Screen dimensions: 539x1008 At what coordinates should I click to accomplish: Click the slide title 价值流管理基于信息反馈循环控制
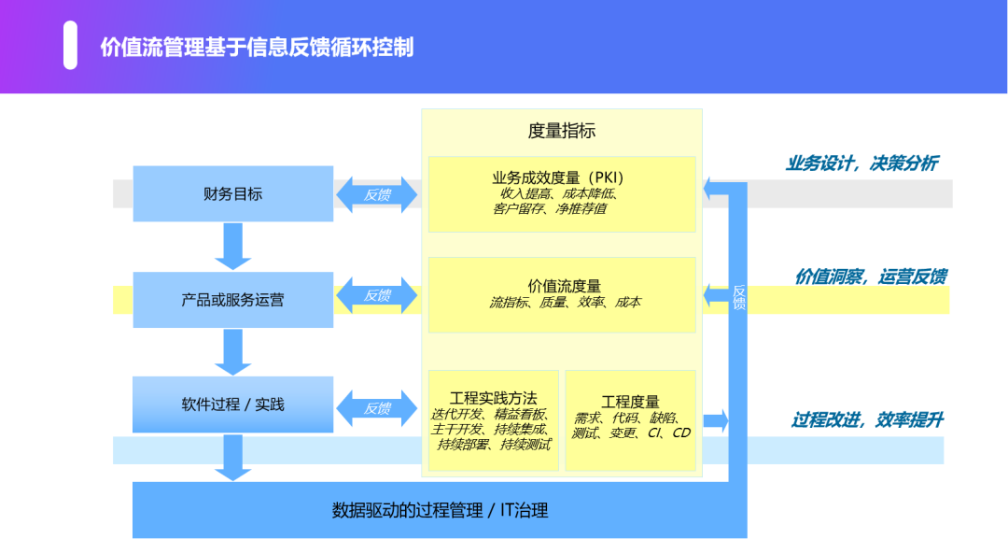[257, 47]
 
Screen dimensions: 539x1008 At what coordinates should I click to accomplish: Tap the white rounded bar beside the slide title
[70, 46]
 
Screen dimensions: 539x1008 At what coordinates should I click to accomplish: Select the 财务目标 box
[232, 194]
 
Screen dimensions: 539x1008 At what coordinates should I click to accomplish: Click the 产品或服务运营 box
[232, 300]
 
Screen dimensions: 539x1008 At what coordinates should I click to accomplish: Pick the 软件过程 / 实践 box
[232, 404]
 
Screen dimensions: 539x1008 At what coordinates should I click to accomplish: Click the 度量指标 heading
[561, 131]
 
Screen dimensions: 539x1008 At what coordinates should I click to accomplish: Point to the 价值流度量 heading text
[564, 286]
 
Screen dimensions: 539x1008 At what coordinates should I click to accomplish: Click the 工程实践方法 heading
[493, 398]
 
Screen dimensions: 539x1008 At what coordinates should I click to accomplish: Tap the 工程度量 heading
[630, 402]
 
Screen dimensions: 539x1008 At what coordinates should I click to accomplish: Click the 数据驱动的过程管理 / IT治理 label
[440, 510]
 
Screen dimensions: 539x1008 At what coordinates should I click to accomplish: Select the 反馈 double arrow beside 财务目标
[377, 195]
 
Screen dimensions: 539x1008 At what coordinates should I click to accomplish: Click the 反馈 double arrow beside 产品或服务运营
[377, 296]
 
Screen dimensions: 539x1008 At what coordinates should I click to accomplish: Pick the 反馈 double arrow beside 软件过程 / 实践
[377, 408]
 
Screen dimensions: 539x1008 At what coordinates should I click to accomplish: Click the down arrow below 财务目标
[232, 246]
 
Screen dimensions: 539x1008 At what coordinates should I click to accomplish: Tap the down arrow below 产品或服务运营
[232, 352]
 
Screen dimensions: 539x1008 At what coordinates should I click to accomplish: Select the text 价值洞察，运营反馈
[870, 277]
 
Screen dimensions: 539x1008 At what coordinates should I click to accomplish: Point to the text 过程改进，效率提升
[866, 420]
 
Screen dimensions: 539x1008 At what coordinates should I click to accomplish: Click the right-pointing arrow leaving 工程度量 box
[716, 420]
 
